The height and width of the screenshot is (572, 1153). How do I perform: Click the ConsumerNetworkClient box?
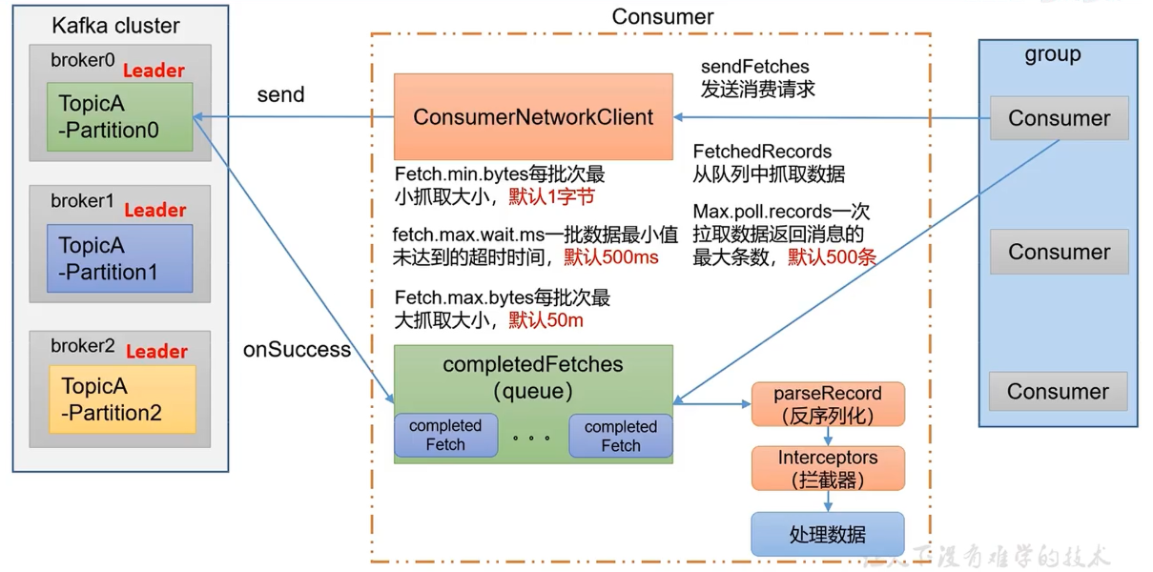coord(533,117)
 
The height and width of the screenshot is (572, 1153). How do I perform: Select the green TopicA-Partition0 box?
coord(119,116)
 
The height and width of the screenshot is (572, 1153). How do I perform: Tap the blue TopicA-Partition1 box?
coord(119,257)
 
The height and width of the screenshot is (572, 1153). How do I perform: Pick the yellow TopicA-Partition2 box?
coord(121,399)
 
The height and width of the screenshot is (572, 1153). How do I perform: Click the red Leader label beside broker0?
coord(154,71)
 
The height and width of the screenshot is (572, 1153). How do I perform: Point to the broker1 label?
coord(83,201)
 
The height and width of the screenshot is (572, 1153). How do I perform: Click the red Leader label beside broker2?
coord(156,351)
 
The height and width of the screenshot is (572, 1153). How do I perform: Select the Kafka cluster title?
coord(115,26)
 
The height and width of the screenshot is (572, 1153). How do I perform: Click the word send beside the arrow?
coord(280,94)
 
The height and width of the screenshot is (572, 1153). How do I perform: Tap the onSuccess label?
coord(297,350)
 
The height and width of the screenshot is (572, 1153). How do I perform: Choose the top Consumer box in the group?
coord(1059,118)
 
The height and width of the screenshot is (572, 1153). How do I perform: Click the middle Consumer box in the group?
coord(1059,253)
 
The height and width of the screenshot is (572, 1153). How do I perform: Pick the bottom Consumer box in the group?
coord(1058,392)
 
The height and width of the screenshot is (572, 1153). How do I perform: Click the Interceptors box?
coord(827,468)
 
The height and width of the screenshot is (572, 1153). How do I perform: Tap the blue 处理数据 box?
coord(827,535)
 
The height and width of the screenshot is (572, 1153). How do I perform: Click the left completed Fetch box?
coord(445,436)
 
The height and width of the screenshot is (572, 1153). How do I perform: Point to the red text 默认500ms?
coord(610,256)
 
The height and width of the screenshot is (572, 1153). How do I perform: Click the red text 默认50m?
coord(546,320)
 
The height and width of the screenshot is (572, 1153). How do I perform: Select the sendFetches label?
coord(754,67)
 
